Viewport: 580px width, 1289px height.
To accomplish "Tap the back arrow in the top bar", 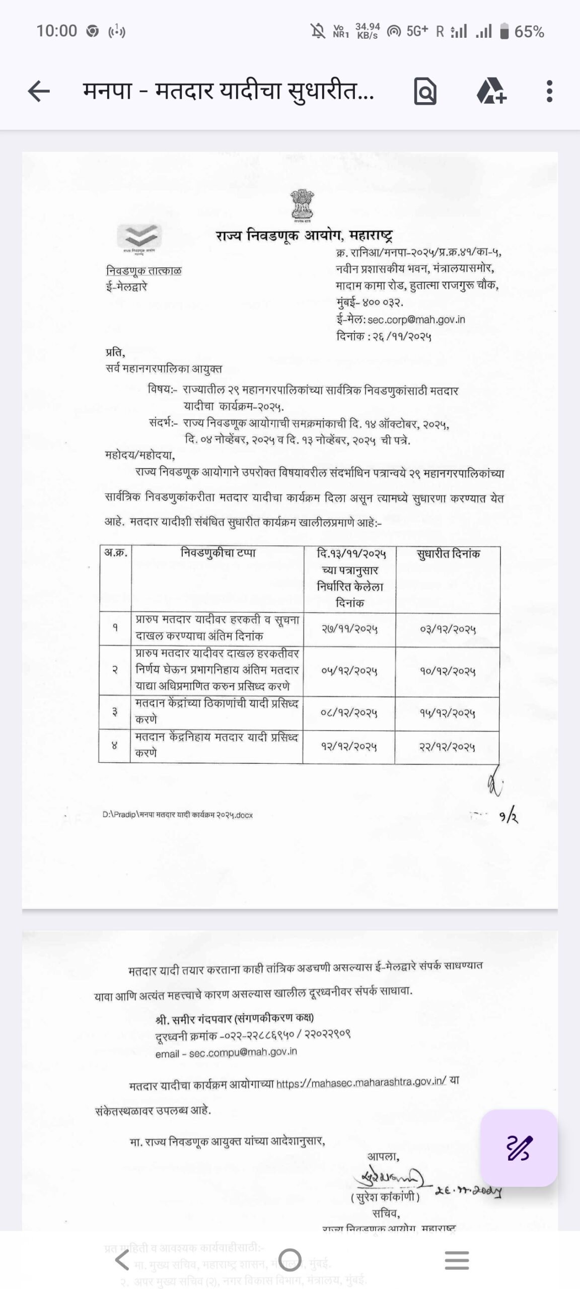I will click(39, 92).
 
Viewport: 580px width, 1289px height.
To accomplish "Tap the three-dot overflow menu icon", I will click(549, 92).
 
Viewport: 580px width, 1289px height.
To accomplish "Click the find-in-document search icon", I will click(425, 92).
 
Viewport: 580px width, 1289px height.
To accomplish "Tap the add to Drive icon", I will click(491, 92).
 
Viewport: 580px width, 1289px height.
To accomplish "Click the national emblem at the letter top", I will click(302, 205).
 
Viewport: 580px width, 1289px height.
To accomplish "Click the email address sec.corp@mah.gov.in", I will click(416, 319).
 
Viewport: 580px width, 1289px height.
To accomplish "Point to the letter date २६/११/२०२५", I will click(402, 336).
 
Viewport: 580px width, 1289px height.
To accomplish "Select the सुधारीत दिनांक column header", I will click(448, 554).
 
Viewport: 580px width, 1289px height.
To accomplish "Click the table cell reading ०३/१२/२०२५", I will click(448, 629).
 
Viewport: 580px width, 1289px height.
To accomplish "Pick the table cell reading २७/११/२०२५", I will click(349, 629).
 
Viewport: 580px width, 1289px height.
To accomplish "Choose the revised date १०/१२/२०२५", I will click(448, 671).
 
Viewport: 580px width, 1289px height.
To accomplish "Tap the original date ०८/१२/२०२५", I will click(349, 713).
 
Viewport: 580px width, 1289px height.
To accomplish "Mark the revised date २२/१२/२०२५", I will click(448, 747).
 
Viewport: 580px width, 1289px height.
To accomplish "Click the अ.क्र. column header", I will click(115, 553).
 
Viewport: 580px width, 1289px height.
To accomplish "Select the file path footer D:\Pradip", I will click(177, 814).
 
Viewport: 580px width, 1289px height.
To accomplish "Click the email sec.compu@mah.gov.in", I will click(243, 1052).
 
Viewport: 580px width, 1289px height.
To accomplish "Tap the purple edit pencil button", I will click(519, 1148).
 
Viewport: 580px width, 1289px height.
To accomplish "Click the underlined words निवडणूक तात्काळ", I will click(144, 270).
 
